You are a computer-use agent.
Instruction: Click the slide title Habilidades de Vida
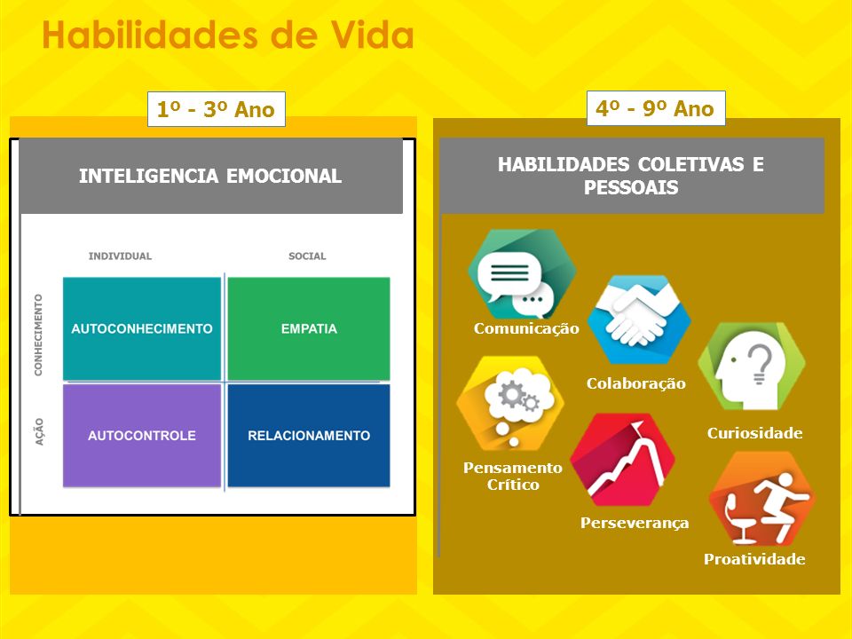(x=228, y=35)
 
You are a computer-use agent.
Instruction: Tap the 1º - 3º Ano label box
(x=217, y=109)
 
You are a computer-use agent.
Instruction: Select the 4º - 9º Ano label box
(x=656, y=108)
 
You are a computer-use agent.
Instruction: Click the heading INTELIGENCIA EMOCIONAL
(x=210, y=176)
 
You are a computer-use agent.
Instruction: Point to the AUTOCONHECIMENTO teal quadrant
(x=142, y=328)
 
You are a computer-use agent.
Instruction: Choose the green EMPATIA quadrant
(x=309, y=328)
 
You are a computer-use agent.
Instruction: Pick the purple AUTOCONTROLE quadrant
(x=142, y=435)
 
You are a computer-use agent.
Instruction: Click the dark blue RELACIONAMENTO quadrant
(x=309, y=435)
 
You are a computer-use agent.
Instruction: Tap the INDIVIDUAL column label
(x=120, y=256)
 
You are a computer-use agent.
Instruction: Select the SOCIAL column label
(x=307, y=256)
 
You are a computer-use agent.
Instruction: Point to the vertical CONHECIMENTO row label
(x=38, y=335)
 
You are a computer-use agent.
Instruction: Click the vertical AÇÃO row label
(x=39, y=432)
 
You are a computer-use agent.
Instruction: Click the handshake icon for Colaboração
(x=638, y=319)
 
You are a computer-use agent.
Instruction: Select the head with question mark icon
(x=752, y=367)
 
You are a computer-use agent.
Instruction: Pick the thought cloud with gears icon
(x=511, y=403)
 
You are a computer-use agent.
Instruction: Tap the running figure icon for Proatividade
(x=761, y=498)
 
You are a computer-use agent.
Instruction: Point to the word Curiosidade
(x=754, y=433)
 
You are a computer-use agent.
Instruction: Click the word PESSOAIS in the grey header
(x=631, y=187)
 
